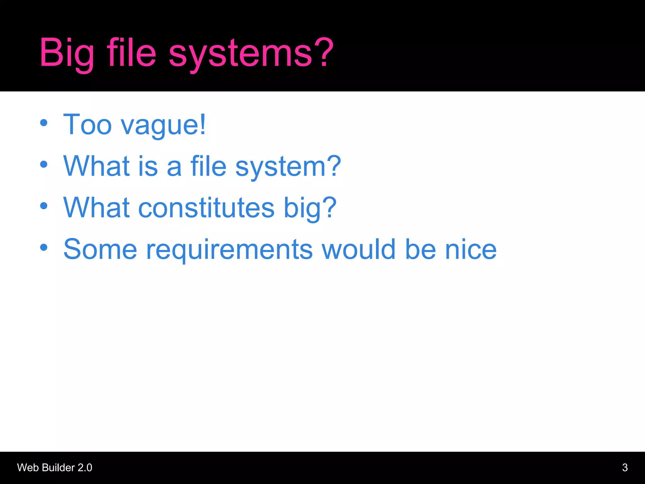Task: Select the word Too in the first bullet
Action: [88, 125]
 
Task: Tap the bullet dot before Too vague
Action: [44, 123]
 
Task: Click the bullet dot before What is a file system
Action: [44, 164]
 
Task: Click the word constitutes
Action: [206, 208]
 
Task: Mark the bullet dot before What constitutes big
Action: [44, 206]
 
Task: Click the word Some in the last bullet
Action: [100, 249]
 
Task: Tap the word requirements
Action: [229, 250]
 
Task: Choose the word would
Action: [358, 249]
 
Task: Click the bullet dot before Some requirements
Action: [44, 247]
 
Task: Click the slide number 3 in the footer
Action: [625, 468]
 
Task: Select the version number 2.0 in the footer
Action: [85, 468]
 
